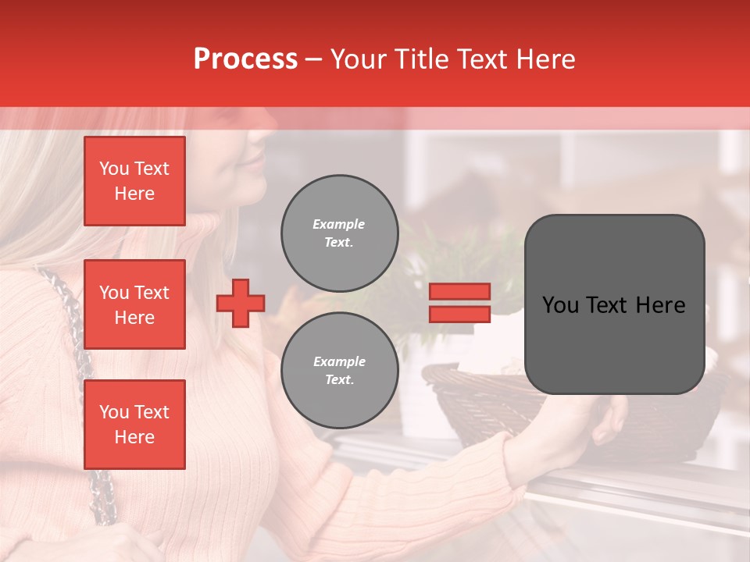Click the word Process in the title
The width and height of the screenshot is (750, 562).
(245, 59)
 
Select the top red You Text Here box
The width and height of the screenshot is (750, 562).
(134, 181)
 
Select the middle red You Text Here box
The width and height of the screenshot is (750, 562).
(134, 304)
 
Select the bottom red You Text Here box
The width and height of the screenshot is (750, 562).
(134, 424)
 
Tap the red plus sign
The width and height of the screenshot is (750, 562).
(241, 303)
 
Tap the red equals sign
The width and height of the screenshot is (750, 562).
(459, 303)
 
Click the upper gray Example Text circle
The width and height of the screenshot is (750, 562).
(340, 233)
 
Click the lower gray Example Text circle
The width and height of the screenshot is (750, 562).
(340, 371)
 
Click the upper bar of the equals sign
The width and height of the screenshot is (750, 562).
(459, 292)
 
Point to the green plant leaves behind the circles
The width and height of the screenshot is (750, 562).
(437, 258)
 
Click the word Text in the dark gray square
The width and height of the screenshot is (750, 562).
(613, 305)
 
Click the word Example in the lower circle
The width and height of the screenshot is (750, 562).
(339, 361)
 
